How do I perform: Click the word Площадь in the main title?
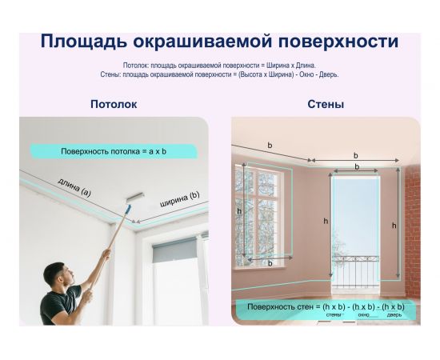87,42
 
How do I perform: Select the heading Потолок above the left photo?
113,104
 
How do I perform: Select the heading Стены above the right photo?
326,104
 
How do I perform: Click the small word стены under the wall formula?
334,314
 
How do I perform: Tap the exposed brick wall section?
411,232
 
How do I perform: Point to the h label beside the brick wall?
394,226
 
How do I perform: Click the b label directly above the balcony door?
356,167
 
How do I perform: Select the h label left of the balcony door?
326,220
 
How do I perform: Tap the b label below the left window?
270,263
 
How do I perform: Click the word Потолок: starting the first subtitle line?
138,65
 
